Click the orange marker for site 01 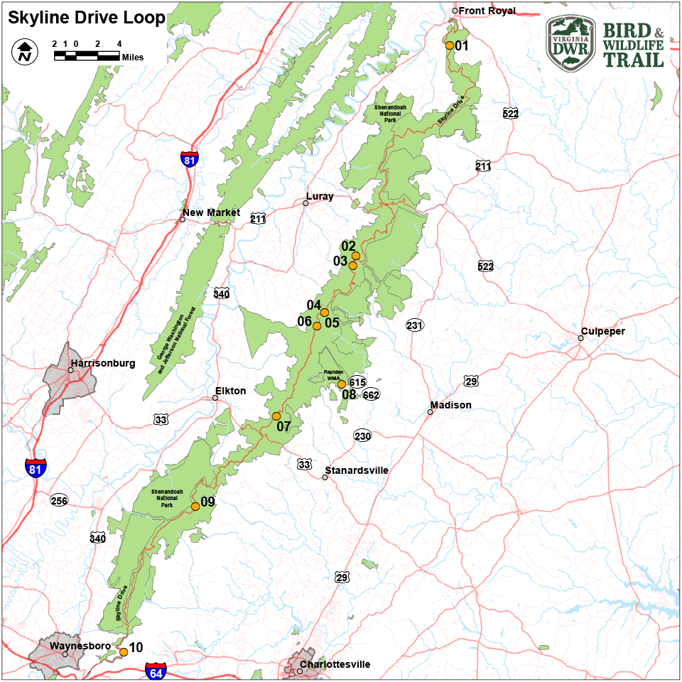coord(450,45)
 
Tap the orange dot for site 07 coord(276,416)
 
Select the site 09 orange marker coord(195,507)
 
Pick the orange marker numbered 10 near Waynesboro coord(124,651)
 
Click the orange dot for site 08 coord(341,384)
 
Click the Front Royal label coord(487,11)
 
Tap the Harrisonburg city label coord(102,363)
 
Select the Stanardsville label coord(357,470)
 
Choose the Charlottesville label coord(335,665)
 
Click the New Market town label coord(211,212)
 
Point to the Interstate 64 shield coord(156,671)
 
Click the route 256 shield coord(59,501)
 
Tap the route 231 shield coord(414,325)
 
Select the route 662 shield coord(371,395)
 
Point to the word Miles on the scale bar coord(132,58)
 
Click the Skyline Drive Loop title coord(86,18)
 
